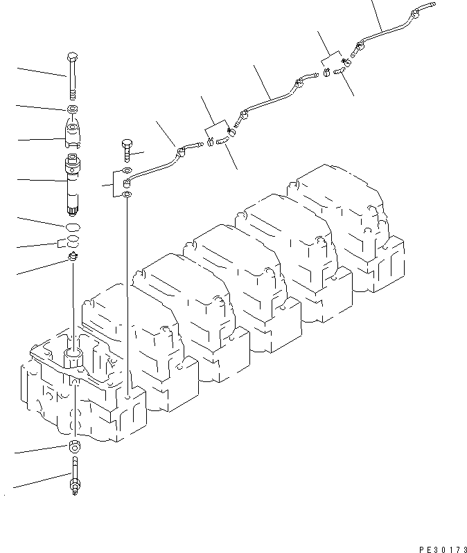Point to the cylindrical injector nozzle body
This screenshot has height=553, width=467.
tap(73, 183)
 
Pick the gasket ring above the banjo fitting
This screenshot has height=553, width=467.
tap(125, 170)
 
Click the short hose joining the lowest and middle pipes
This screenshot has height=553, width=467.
tap(223, 140)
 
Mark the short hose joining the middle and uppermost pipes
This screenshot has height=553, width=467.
tap(340, 72)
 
